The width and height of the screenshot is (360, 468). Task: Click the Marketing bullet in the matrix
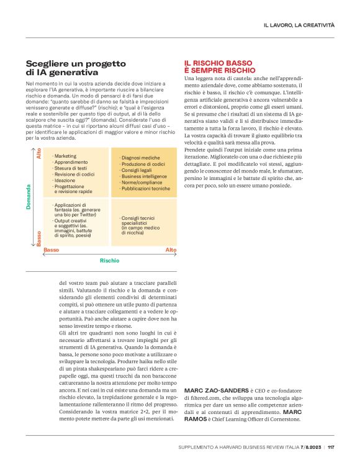(65, 156)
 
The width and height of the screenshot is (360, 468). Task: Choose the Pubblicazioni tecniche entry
(146, 188)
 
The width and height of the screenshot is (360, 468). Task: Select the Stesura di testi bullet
(70, 168)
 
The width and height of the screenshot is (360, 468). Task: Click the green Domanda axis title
(29, 197)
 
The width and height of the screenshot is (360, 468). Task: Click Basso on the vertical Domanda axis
(39, 240)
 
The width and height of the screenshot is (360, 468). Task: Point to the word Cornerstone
(281, 419)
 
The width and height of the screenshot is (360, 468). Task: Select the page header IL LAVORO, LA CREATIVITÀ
(299, 25)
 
